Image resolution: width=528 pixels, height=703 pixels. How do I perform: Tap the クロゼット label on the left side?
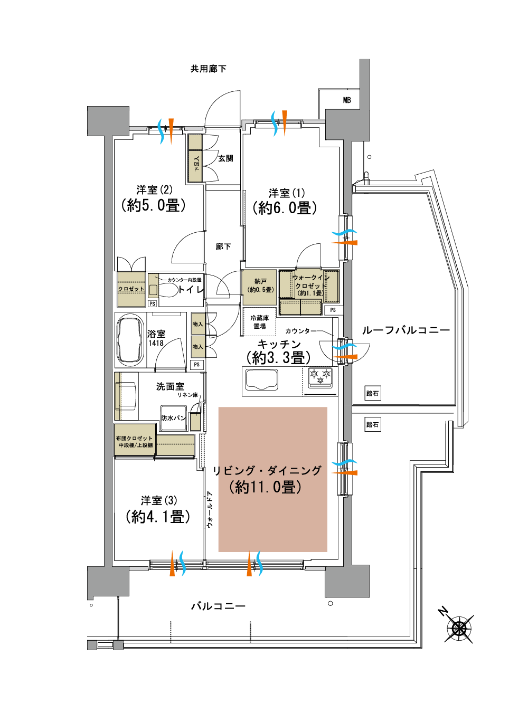point(131,289)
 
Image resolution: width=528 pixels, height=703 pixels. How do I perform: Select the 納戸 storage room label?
point(260,281)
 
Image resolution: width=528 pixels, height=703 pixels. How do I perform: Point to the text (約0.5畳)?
point(260,290)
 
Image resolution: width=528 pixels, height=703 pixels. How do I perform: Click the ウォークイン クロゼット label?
point(310,281)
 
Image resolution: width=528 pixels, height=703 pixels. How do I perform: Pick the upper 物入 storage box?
point(198,324)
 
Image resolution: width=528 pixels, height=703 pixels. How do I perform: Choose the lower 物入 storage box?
point(198,347)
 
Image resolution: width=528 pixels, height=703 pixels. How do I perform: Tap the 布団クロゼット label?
point(134,438)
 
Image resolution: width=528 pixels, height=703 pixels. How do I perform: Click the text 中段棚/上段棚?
point(135,445)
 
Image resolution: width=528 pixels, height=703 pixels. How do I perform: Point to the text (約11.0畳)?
point(266,487)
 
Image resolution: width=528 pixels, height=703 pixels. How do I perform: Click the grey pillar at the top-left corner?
point(108,121)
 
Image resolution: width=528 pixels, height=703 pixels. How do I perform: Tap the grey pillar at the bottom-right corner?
point(347,581)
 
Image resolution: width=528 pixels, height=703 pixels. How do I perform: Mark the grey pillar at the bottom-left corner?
point(108,582)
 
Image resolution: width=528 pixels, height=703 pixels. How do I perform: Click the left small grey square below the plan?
point(92,645)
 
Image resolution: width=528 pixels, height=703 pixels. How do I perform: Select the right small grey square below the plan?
point(118,645)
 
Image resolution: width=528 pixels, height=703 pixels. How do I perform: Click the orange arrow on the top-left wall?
point(171,131)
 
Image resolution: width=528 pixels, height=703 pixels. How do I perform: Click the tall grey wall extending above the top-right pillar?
point(365,84)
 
